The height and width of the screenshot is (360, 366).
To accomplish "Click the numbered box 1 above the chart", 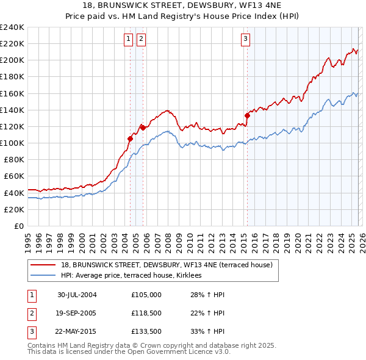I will point(129,40).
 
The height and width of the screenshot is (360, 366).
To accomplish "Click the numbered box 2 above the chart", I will point(141,40).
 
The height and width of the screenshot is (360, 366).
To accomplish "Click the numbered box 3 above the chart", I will point(245,40).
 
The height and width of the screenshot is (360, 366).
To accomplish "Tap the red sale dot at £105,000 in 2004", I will point(130,139).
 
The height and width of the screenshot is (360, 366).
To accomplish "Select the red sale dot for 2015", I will point(247,115).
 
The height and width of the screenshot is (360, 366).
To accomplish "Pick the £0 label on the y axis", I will point(18,226).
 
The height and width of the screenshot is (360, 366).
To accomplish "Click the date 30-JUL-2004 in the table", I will point(77,294).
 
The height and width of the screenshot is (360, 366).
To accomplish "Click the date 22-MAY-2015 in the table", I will point(77,332).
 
